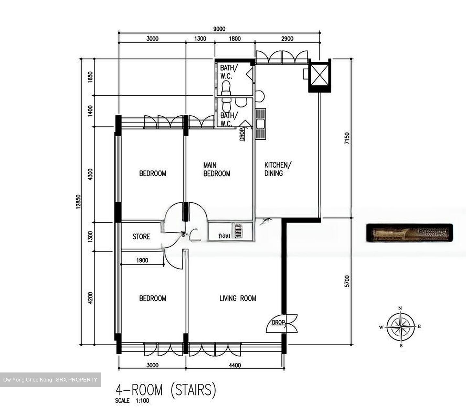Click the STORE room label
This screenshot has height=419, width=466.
(x=141, y=236)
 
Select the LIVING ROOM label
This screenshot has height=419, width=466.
(x=238, y=298)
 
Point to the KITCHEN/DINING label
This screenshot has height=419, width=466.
(x=278, y=169)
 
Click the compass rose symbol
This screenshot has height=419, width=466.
(x=401, y=327)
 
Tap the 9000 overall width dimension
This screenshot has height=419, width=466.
(x=219, y=29)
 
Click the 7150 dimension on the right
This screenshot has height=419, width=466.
(x=347, y=139)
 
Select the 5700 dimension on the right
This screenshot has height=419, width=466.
(x=347, y=281)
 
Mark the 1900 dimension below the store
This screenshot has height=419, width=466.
(x=142, y=260)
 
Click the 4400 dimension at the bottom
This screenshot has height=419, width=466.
(x=235, y=365)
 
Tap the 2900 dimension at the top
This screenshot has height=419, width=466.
(x=287, y=39)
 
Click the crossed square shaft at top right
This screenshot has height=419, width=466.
(x=319, y=76)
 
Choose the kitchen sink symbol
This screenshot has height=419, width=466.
(x=260, y=124)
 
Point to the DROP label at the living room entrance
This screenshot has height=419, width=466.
(x=278, y=322)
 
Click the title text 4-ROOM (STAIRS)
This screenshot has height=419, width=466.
(x=165, y=390)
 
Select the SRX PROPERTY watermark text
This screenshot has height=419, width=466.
(x=76, y=380)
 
